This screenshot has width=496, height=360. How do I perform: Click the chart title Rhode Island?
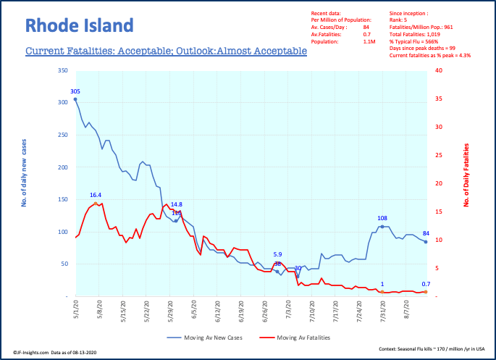pyautogui.click(x=80, y=26)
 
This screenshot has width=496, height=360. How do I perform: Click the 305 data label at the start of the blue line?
pyautogui.click(x=75, y=91)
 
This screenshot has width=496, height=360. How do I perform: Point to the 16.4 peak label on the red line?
pyautogui.click(x=96, y=195)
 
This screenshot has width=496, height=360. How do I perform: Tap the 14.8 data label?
pyautogui.click(x=177, y=204)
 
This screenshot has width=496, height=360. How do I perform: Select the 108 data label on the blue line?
pyautogui.click(x=383, y=217)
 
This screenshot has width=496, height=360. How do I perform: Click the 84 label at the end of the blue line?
pyautogui.click(x=427, y=233)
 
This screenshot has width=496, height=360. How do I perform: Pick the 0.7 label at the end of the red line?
pyautogui.click(x=426, y=284)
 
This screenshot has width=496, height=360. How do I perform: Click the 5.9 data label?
pyautogui.click(x=277, y=254)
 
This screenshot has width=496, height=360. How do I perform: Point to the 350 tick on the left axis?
pyautogui.click(x=62, y=71)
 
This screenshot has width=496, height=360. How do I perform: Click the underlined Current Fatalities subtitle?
pyautogui.click(x=166, y=52)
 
